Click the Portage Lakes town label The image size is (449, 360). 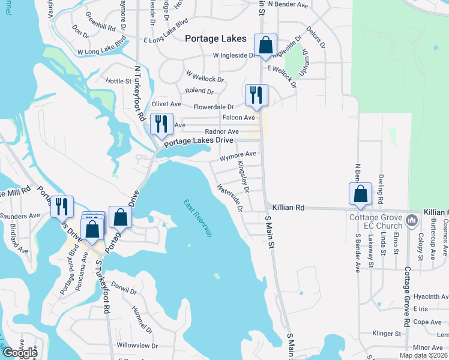(215, 38)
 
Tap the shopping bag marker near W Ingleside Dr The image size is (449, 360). (265, 45)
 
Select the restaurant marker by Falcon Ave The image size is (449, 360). (256, 95)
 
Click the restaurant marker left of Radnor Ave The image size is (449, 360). (161, 124)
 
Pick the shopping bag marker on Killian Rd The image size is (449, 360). (360, 194)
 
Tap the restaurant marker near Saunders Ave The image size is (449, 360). (62, 207)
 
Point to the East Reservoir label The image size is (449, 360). (198, 218)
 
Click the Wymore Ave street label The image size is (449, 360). (238, 154)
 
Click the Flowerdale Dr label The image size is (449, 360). (218, 107)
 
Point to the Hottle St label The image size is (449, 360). (118, 81)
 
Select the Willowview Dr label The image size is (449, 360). (137, 346)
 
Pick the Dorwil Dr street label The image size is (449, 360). (124, 289)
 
